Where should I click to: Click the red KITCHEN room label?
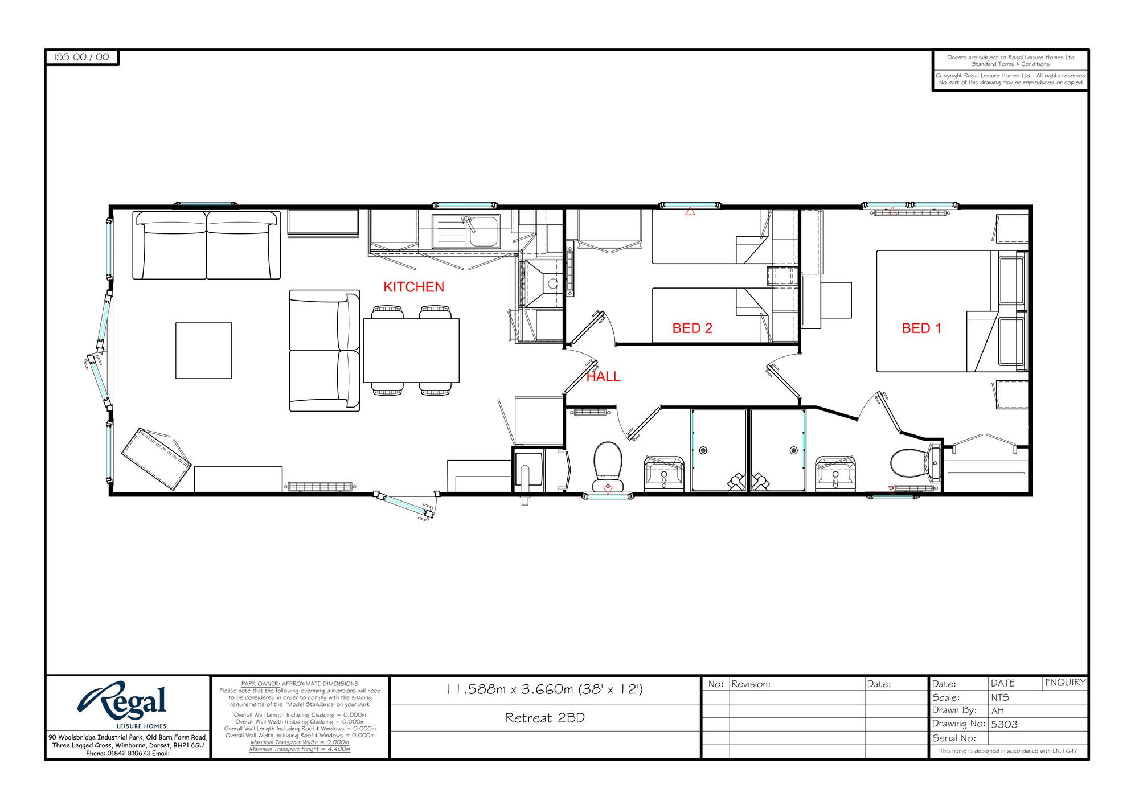[x=413, y=287]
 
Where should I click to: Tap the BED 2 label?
[x=692, y=328]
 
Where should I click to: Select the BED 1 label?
[x=921, y=328]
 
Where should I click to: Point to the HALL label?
[x=603, y=377]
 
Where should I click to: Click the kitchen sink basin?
[x=484, y=232]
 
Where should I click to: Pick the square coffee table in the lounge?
[x=203, y=351]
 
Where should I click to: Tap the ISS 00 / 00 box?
[x=81, y=57]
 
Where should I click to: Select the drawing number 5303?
[x=1004, y=725]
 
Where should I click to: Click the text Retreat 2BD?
[x=545, y=718]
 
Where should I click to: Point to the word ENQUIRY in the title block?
[x=1065, y=683]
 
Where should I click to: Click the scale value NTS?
[x=1000, y=697]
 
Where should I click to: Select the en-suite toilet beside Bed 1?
[x=910, y=463]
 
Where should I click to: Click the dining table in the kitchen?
[x=411, y=351]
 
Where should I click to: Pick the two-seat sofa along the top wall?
[x=206, y=245]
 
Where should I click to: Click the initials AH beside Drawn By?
[x=998, y=711]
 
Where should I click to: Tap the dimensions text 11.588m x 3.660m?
[x=545, y=689]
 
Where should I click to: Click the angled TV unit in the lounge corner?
[x=155, y=459]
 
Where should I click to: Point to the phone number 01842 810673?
[x=129, y=753]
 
